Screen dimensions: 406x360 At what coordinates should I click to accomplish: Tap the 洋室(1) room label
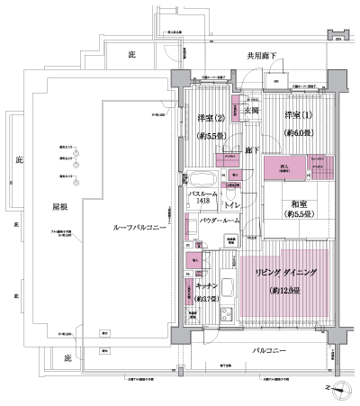[x=301, y=116]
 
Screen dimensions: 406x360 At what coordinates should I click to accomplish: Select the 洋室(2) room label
[x=212, y=118]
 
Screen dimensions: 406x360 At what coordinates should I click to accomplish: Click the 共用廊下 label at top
[x=265, y=56]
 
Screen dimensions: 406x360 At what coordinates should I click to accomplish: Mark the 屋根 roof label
[x=59, y=207]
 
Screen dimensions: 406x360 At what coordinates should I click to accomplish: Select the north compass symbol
[x=339, y=390]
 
